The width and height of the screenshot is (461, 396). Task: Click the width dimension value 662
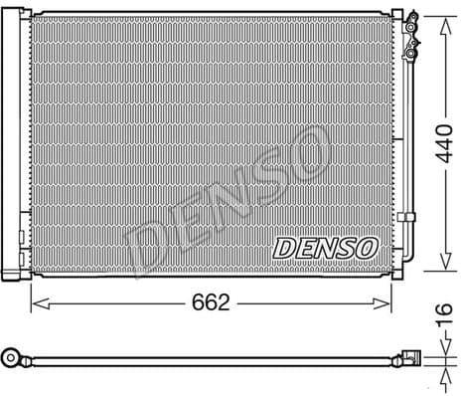(x=210, y=301)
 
